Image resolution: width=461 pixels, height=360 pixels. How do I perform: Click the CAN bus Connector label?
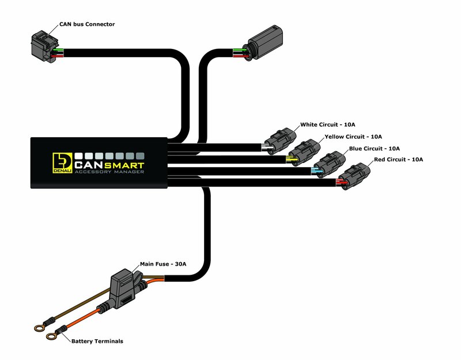tap(87, 24)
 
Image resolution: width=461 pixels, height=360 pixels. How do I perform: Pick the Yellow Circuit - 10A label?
tap(353, 137)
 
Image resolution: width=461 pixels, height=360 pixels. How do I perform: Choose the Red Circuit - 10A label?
tap(398, 159)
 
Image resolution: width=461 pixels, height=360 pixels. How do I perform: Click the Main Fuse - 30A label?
tap(163, 264)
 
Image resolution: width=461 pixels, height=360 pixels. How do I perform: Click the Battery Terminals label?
tap(97, 342)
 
